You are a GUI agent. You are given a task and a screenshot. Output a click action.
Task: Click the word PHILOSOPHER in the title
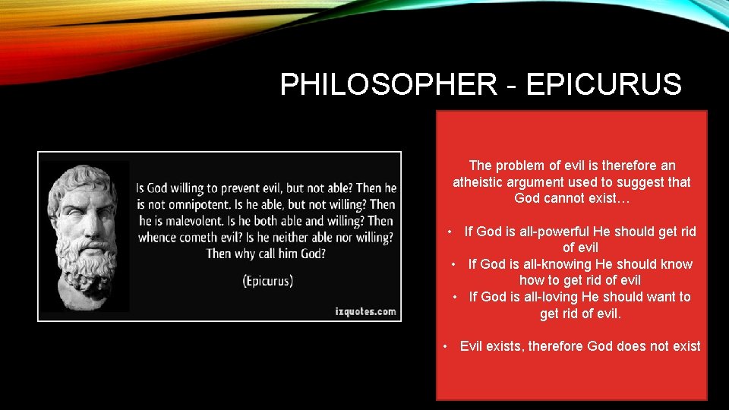pyautogui.click(x=387, y=84)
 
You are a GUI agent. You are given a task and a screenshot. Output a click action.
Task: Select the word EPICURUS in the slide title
pyautogui.click(x=604, y=84)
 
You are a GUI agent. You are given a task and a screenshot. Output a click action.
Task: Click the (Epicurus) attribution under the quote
pyautogui.click(x=267, y=280)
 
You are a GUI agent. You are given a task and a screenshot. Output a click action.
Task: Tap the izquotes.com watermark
pyautogui.click(x=365, y=311)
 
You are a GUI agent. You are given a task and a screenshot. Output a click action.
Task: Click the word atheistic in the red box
pyautogui.click(x=479, y=182)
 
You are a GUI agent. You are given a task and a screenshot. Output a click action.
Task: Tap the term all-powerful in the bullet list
pyautogui.click(x=558, y=232)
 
